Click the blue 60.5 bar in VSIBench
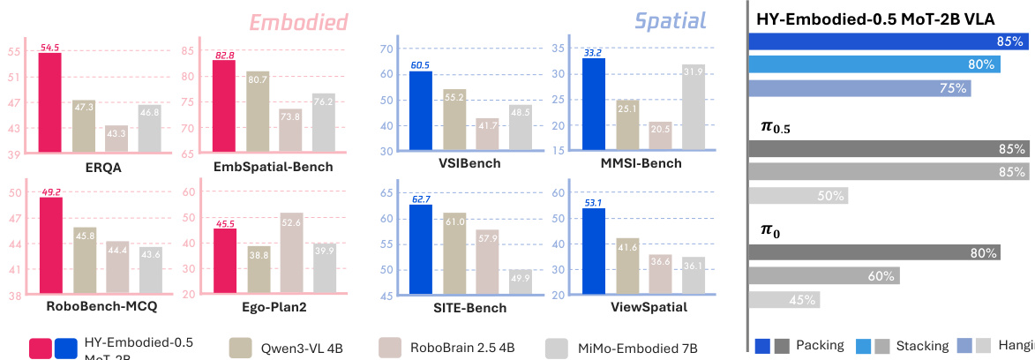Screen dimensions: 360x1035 point(420,111)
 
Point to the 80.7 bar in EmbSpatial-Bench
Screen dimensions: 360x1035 point(258,111)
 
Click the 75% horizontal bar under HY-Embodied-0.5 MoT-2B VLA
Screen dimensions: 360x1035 point(859,88)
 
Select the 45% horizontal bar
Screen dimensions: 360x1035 point(784,300)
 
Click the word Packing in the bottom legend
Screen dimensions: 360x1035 point(820,346)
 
